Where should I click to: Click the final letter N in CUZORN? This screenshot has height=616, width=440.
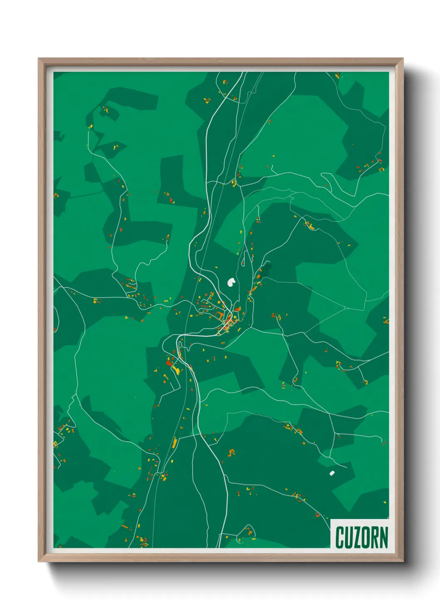384,537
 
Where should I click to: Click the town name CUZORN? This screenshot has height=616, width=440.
361,537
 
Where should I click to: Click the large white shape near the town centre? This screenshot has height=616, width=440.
231,282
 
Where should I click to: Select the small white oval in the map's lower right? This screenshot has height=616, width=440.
332,473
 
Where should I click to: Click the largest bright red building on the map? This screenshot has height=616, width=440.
169,363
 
